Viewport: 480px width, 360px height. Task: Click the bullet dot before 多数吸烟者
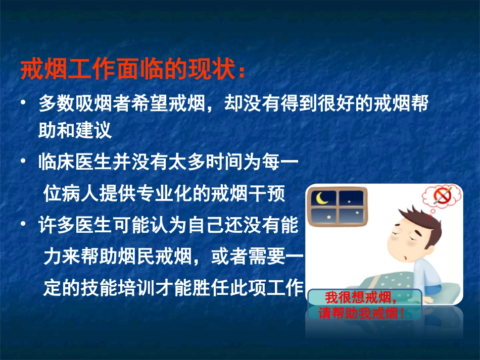tap(23, 104)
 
